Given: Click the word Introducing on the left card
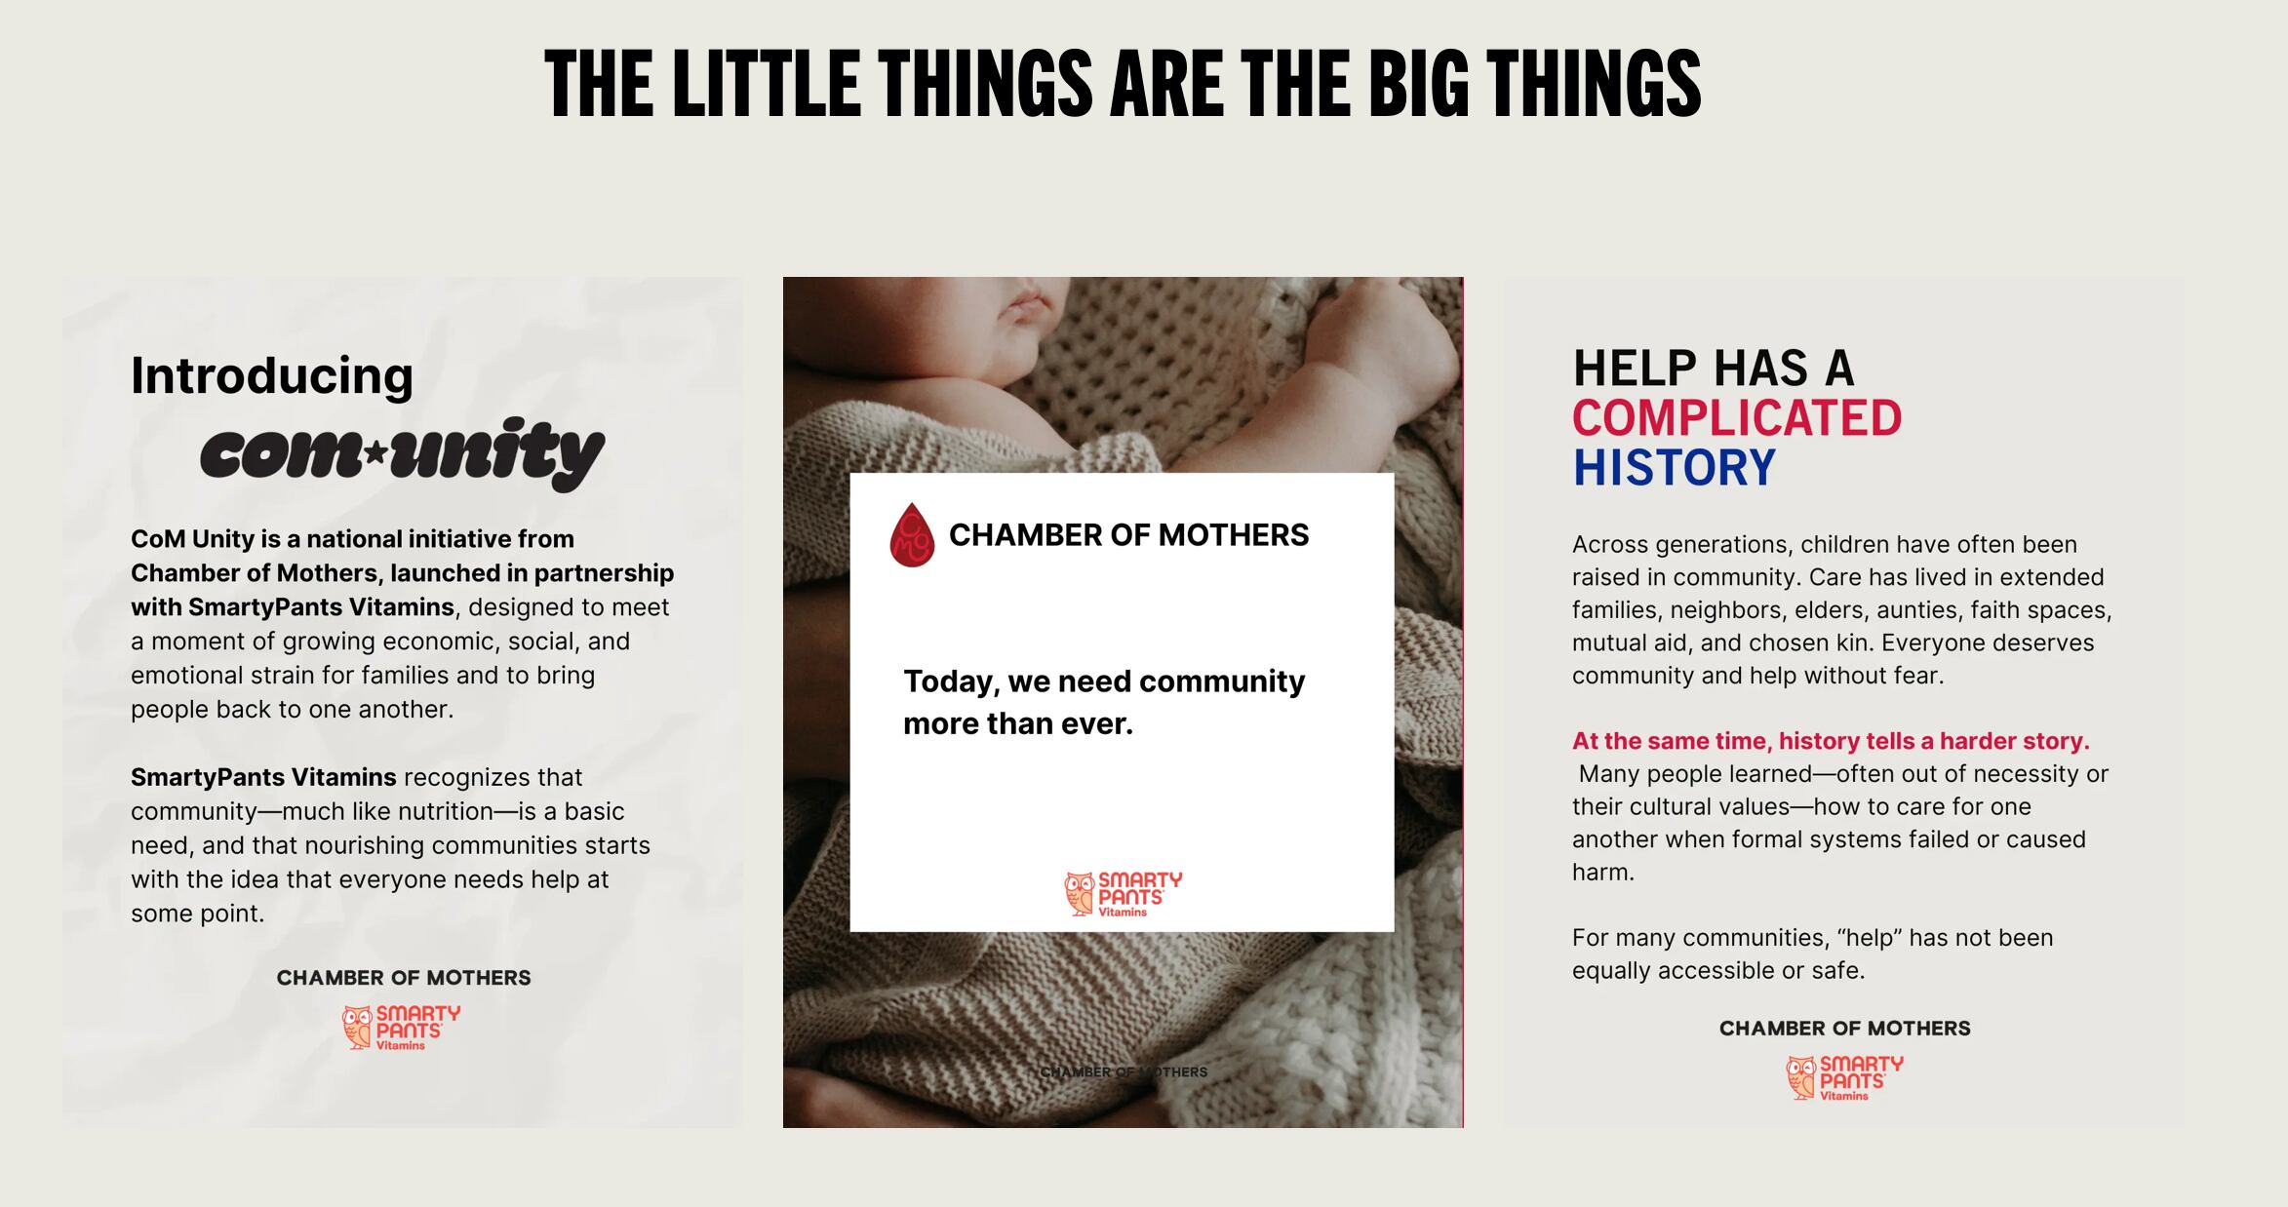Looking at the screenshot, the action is (x=272, y=376).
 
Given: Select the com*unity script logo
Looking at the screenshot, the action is (x=402, y=453).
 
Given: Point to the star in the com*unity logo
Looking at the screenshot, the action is (x=375, y=452).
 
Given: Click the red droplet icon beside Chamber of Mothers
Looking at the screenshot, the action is (x=912, y=534).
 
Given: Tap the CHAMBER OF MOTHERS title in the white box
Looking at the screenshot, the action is (x=1128, y=535).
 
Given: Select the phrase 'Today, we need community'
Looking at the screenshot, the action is (x=1103, y=681).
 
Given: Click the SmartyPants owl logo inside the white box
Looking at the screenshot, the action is (x=1123, y=894).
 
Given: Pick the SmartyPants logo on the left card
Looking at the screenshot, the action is (x=401, y=1028).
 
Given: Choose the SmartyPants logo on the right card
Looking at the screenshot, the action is (x=1844, y=1077).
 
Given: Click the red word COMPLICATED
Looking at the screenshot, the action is (x=1737, y=417).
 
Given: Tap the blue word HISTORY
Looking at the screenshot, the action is (x=1674, y=467).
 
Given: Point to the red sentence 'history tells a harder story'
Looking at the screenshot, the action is (x=1934, y=741).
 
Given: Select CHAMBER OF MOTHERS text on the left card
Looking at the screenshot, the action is (x=404, y=978).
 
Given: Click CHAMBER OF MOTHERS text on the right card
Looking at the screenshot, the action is (x=1845, y=1029).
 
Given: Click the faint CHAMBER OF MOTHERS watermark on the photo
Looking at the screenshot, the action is (x=1124, y=1071).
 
